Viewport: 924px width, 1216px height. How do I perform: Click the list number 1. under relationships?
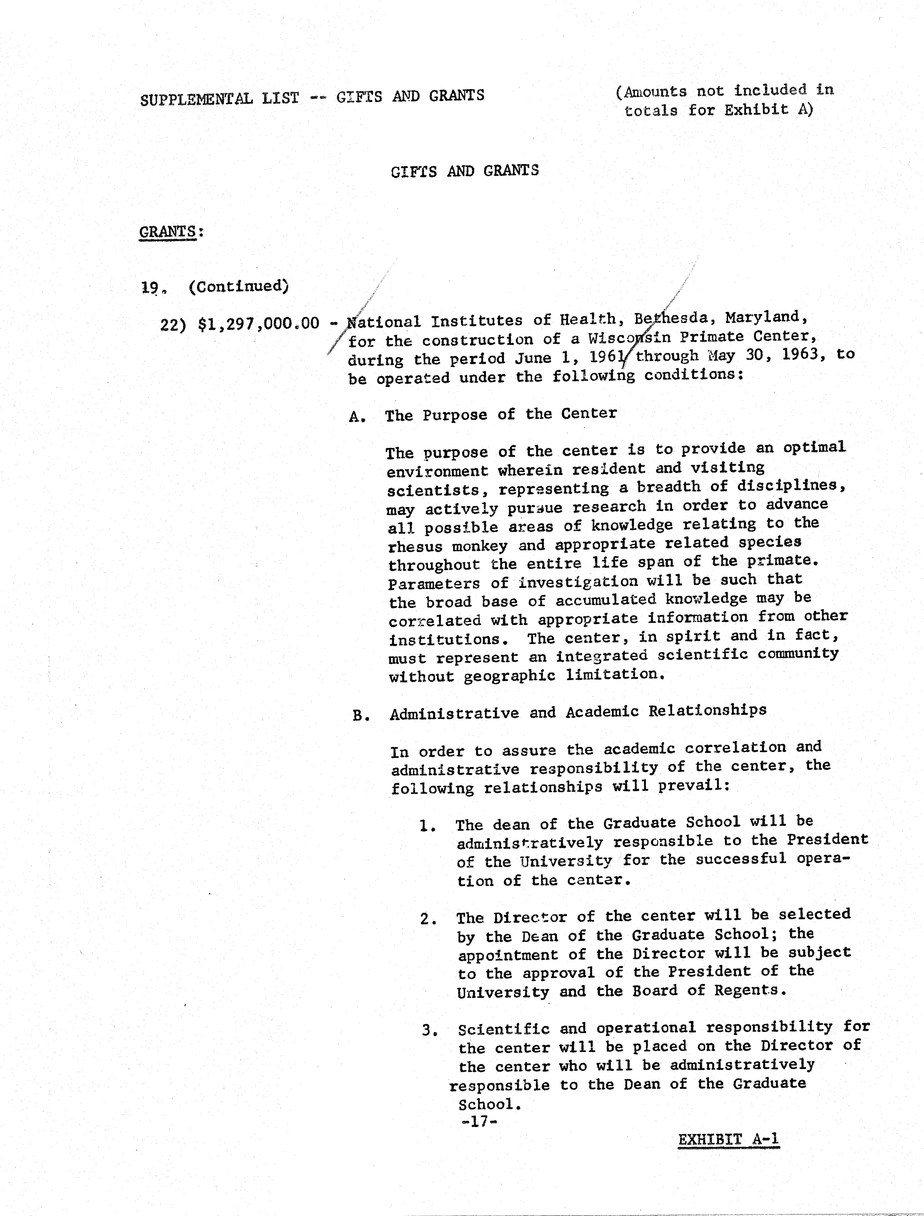(x=427, y=826)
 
